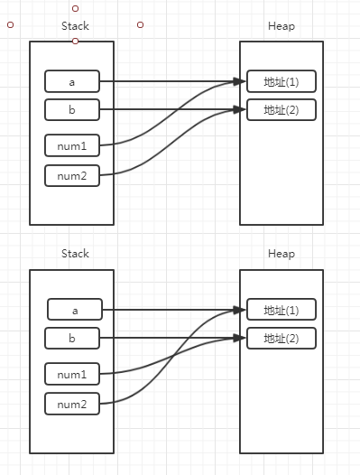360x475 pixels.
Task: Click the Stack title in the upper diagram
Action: [x=75, y=26]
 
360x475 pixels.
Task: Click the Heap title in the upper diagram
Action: [x=281, y=26]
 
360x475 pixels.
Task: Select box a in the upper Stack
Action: [x=72, y=81]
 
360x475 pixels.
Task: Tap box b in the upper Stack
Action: [x=72, y=110]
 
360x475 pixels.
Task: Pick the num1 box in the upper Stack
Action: [x=72, y=144]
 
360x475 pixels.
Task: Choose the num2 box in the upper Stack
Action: [x=72, y=174]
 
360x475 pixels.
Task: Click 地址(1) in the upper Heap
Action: [x=281, y=81]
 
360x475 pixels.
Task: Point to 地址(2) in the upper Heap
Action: [x=281, y=110]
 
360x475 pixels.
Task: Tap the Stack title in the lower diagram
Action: [x=75, y=254]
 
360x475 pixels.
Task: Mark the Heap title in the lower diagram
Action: [x=281, y=254]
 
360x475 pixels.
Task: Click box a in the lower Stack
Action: [x=75, y=310]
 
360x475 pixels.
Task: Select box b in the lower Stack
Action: [x=72, y=339]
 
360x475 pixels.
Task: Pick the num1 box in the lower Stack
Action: [x=72, y=373]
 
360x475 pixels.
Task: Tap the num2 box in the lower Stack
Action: [x=72, y=404]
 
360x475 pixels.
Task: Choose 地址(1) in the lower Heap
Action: [x=281, y=310]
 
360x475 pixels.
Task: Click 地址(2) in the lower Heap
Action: [x=281, y=339]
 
